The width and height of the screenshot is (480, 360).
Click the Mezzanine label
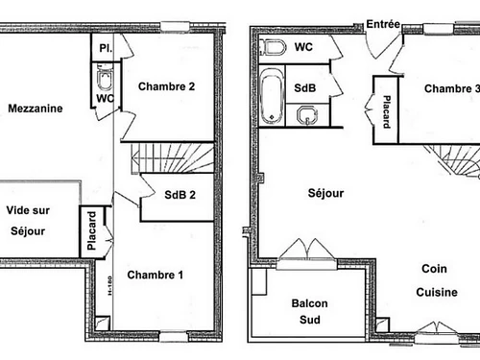(x=36, y=108)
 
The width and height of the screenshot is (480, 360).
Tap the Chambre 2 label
(x=166, y=86)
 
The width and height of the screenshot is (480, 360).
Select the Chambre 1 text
(x=155, y=275)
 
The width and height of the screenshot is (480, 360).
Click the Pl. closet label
(x=104, y=46)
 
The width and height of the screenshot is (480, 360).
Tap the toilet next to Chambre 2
(x=105, y=76)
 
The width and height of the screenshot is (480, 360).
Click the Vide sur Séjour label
(x=29, y=220)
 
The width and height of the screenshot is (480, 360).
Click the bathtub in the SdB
(x=270, y=97)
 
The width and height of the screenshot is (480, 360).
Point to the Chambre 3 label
(x=451, y=89)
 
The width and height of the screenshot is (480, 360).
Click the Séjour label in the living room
(x=326, y=193)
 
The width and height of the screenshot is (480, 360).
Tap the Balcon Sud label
(x=309, y=312)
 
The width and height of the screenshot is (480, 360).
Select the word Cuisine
(x=437, y=293)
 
